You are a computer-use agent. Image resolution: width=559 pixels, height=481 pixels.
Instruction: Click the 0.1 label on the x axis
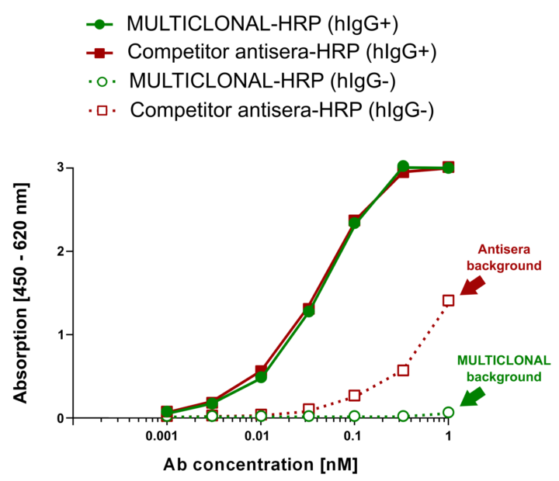pyautogui.click(x=354, y=437)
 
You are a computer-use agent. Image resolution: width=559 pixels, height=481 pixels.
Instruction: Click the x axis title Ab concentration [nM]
pyautogui.click(x=261, y=465)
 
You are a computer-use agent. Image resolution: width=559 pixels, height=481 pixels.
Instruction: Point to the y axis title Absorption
pyautogui.click(x=19, y=293)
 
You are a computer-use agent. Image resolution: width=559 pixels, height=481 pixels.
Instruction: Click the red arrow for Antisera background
pyautogui.click(x=473, y=285)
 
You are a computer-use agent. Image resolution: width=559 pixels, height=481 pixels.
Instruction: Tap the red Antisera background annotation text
pyautogui.click(x=509, y=258)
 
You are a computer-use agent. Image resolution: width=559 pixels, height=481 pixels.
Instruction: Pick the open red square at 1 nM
pyautogui.click(x=448, y=300)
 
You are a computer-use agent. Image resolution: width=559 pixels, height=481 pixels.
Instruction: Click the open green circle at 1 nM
pyautogui.click(x=448, y=413)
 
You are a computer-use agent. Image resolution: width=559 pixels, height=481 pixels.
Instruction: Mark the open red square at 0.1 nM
pyautogui.click(x=355, y=396)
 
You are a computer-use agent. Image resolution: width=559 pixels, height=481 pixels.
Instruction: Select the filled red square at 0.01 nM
pyautogui.click(x=261, y=371)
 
